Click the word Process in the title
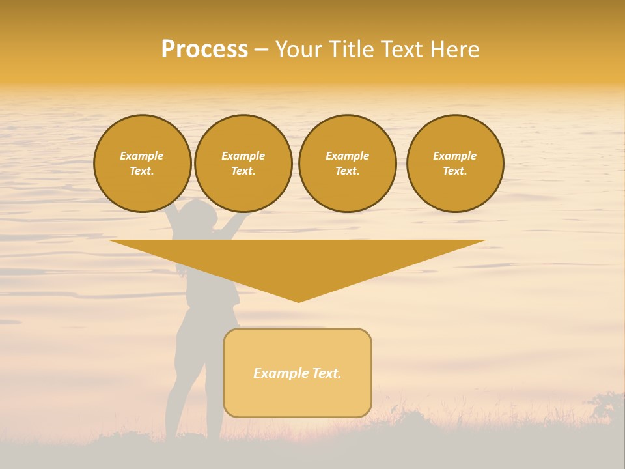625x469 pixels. point(204,50)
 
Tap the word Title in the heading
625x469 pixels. point(350,50)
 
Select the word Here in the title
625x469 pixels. point(454,50)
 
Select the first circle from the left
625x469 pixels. point(142,163)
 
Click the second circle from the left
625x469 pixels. point(243,163)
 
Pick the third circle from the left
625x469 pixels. point(347,163)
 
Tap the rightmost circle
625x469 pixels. point(455,163)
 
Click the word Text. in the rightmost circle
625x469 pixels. point(455,171)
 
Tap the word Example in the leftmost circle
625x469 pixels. point(142,156)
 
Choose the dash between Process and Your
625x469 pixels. point(261,50)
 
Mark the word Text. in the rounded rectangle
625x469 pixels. point(327,373)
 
